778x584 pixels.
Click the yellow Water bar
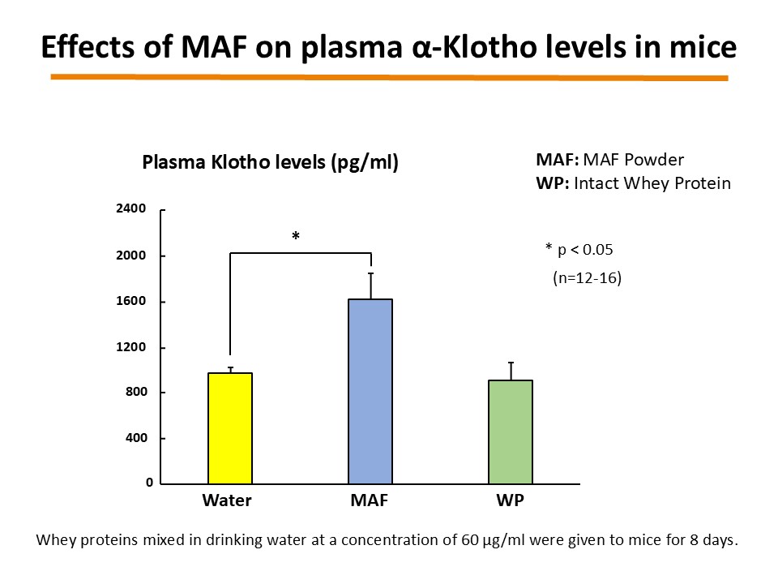pos(230,428)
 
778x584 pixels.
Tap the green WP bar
pos(511,432)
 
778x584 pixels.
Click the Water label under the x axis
pos(226,500)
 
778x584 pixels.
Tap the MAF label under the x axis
pos(369,500)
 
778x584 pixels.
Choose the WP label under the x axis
pos(510,500)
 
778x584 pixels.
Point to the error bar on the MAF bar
pos(370,286)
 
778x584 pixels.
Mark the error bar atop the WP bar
pos(511,371)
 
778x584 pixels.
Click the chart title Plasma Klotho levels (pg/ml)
pos(271,162)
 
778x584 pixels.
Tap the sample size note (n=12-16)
pos(581,278)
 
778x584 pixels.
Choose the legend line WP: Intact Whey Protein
pos(633,183)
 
